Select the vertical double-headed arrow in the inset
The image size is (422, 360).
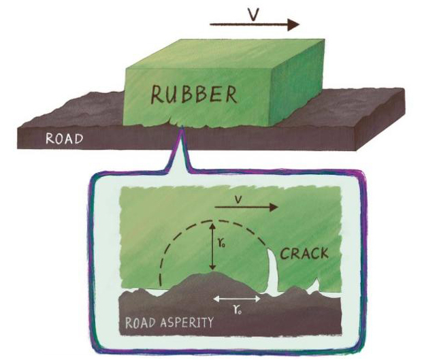point(212,246)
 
